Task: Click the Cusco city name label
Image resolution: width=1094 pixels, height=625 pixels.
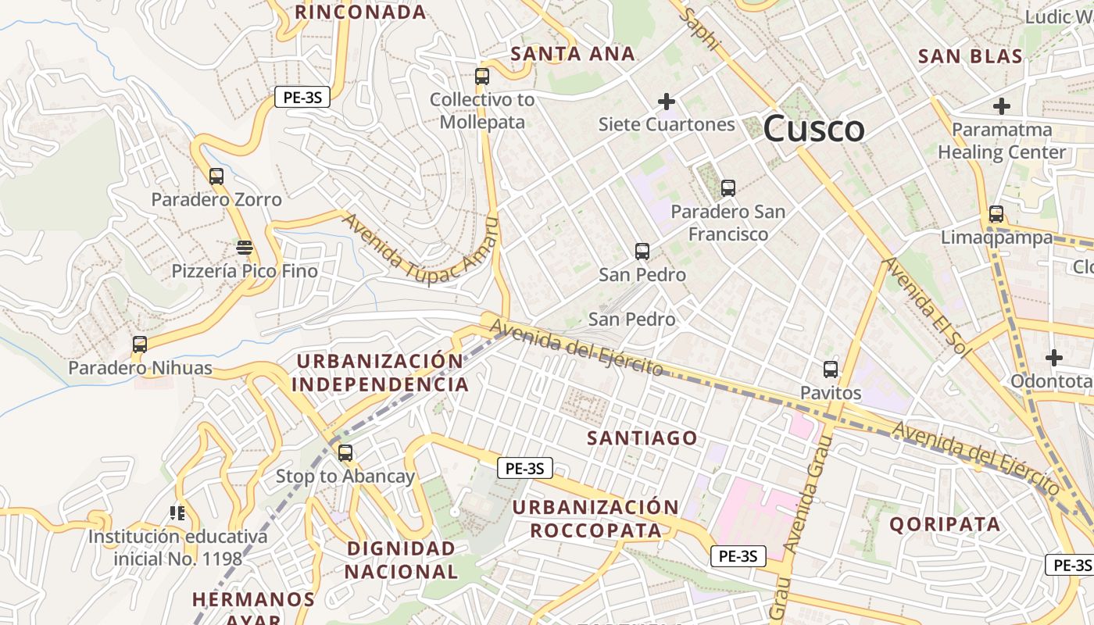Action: [813, 129]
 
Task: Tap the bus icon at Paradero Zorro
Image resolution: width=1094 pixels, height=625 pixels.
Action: [216, 177]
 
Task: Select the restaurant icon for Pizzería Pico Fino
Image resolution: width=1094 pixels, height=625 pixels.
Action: [245, 248]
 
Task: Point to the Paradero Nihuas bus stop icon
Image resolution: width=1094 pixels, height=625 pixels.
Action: [140, 345]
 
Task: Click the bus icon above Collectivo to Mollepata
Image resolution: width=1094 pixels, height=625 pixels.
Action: [482, 77]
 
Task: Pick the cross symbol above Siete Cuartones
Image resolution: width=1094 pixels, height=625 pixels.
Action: [667, 102]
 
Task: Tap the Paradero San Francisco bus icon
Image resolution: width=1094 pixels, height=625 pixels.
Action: [728, 188]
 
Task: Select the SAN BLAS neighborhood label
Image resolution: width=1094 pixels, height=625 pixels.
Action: [970, 56]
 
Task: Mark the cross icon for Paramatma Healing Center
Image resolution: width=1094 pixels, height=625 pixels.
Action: [1002, 106]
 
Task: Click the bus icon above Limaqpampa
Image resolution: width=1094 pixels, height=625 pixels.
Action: [996, 214]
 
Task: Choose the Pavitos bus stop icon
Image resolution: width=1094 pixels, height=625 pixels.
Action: [831, 370]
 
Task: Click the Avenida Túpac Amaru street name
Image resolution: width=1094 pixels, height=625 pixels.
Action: [420, 247]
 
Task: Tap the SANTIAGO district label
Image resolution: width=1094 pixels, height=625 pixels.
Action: [642, 438]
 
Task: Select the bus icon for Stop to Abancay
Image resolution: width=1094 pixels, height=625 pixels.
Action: [345, 453]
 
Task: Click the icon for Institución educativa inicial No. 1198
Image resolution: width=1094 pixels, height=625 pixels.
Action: [177, 513]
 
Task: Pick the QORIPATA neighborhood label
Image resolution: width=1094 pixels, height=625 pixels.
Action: [945, 524]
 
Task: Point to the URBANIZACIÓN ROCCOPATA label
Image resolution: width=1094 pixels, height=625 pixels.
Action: [595, 519]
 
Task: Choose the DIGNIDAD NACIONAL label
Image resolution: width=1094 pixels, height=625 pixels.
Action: [401, 559]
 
